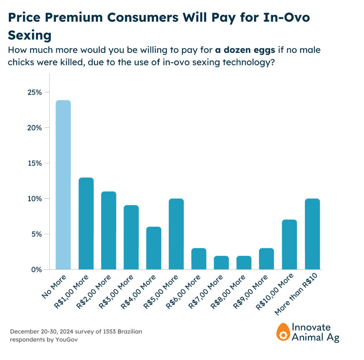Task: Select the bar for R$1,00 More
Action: coord(86,223)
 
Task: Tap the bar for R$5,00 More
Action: coord(176,234)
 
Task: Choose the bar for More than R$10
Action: coord(312,234)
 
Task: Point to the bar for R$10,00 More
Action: coord(290,245)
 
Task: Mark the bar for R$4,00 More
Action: coord(154,248)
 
